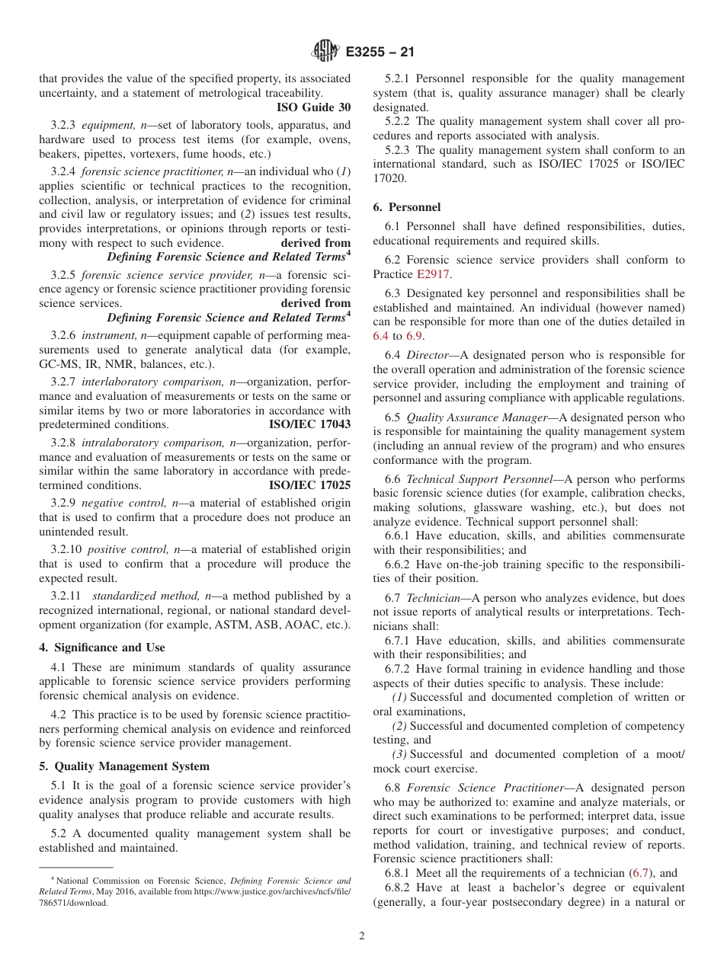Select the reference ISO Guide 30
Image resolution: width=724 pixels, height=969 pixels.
[x=313, y=107]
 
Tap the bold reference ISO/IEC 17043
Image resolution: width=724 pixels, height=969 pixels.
[x=310, y=424]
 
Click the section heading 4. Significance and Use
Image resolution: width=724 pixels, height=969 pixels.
[x=101, y=648]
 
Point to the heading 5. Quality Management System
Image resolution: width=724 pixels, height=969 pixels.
[x=124, y=766]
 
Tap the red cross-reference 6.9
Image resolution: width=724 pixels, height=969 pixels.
[x=415, y=336]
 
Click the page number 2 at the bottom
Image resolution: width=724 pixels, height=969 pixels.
[x=362, y=936]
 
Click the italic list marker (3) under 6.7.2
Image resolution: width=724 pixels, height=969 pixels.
[x=399, y=754]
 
